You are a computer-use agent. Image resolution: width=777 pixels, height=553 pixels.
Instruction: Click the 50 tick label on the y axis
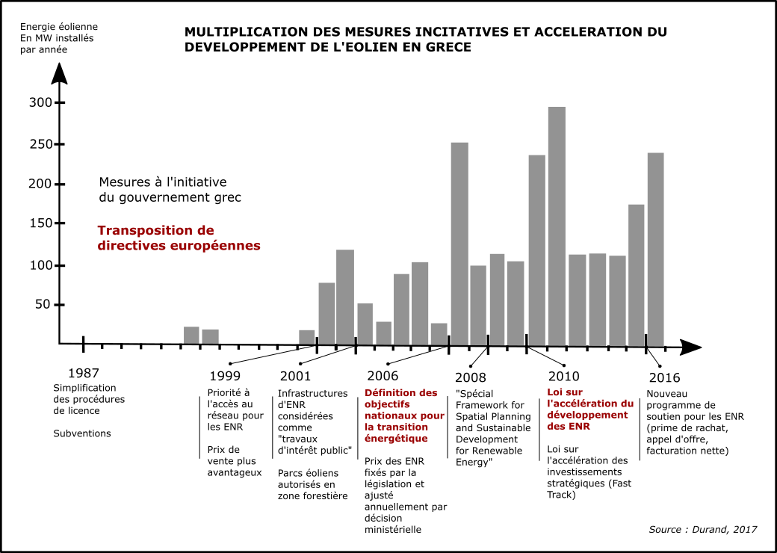coord(42,305)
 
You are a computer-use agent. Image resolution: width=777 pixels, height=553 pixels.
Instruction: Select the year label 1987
coord(83,373)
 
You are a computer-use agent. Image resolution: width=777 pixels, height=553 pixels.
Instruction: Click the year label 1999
coord(225,376)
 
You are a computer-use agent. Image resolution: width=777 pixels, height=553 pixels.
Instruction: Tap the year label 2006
coord(383,376)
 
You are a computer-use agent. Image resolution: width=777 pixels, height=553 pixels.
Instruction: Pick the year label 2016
coord(664,377)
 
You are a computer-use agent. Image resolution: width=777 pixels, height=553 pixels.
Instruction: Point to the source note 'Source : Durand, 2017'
coord(702,529)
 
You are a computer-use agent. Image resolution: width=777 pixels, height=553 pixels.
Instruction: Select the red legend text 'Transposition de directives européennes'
coord(179,238)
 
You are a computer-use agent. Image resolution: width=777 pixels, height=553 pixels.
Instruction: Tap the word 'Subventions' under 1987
coord(82,433)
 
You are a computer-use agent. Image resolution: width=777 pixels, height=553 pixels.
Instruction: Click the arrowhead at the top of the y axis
coord(60,73)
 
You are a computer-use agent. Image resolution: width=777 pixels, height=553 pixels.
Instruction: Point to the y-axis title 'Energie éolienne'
coord(58,27)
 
